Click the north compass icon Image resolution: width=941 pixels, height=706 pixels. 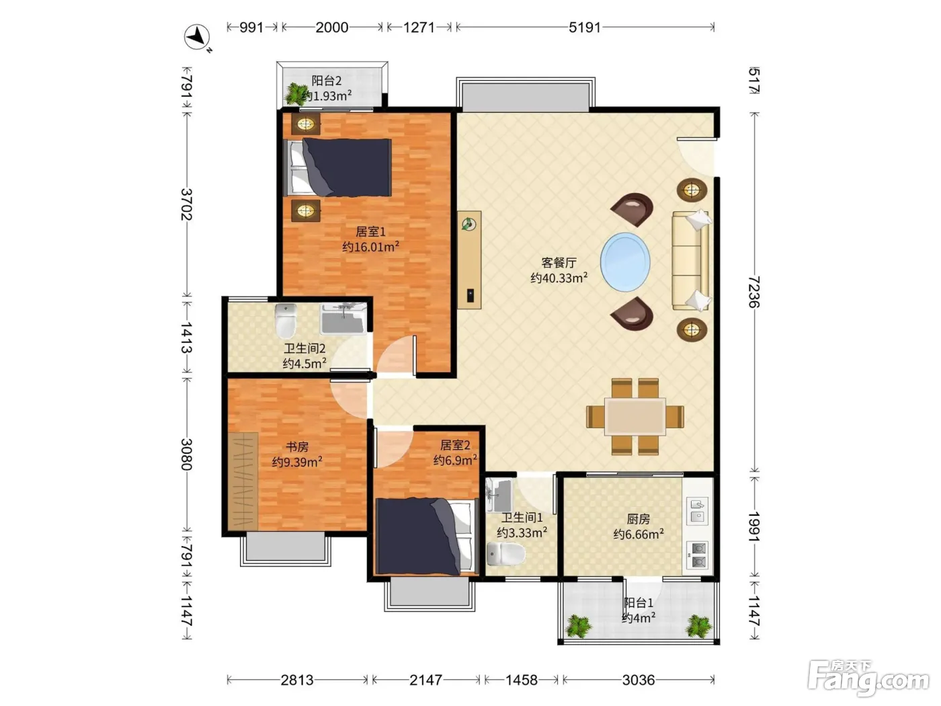[x=197, y=37]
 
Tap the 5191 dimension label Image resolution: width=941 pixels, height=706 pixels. [x=585, y=28]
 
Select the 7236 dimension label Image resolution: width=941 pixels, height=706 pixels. [x=753, y=292]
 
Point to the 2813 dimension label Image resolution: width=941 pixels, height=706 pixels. [x=296, y=680]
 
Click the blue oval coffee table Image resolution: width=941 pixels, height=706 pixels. [x=625, y=262]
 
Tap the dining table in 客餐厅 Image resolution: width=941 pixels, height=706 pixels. [x=635, y=416]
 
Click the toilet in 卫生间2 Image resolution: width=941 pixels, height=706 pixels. [x=286, y=321]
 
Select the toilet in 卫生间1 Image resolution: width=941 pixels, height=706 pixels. [x=506, y=553]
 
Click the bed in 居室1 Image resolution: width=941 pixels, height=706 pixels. [x=338, y=167]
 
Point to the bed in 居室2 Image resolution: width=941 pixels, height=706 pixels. [x=427, y=537]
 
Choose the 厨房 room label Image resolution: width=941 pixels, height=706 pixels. [x=639, y=519]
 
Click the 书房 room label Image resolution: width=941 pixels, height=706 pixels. [x=297, y=446]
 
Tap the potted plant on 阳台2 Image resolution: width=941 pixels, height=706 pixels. [x=295, y=94]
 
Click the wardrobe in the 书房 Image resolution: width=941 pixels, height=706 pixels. [x=243, y=481]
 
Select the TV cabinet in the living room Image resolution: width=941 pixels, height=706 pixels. [x=469, y=260]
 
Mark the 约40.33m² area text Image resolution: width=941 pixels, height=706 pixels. [x=559, y=278]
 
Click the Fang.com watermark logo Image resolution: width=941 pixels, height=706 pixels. [x=868, y=678]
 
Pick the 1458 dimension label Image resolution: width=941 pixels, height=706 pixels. [x=522, y=680]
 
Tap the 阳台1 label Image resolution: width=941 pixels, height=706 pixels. [x=639, y=602]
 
